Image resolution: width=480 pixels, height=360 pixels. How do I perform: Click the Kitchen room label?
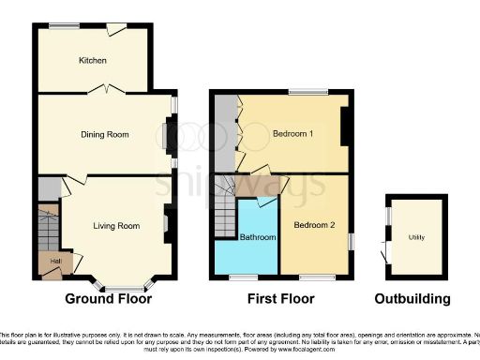point(92,61)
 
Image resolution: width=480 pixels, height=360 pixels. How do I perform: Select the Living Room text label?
point(116,226)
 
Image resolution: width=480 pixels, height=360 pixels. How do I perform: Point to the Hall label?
point(54,260)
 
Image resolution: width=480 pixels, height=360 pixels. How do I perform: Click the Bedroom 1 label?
point(292,134)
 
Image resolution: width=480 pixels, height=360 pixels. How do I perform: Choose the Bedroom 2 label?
point(313,226)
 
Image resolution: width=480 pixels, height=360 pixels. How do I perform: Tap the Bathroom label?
point(258,238)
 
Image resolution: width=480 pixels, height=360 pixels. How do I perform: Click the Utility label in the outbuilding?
point(415,238)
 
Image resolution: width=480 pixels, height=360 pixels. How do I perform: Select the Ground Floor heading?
point(108,300)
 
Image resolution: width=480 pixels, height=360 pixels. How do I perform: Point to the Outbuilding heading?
point(412,300)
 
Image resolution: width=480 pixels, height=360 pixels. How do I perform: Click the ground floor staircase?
point(48,228)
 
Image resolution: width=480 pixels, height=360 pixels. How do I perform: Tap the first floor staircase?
point(225,214)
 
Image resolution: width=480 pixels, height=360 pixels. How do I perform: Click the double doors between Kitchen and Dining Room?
point(104,89)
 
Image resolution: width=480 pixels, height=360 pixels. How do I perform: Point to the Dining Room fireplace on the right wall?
point(169,134)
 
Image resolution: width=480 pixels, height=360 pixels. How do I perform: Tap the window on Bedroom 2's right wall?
point(352,240)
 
